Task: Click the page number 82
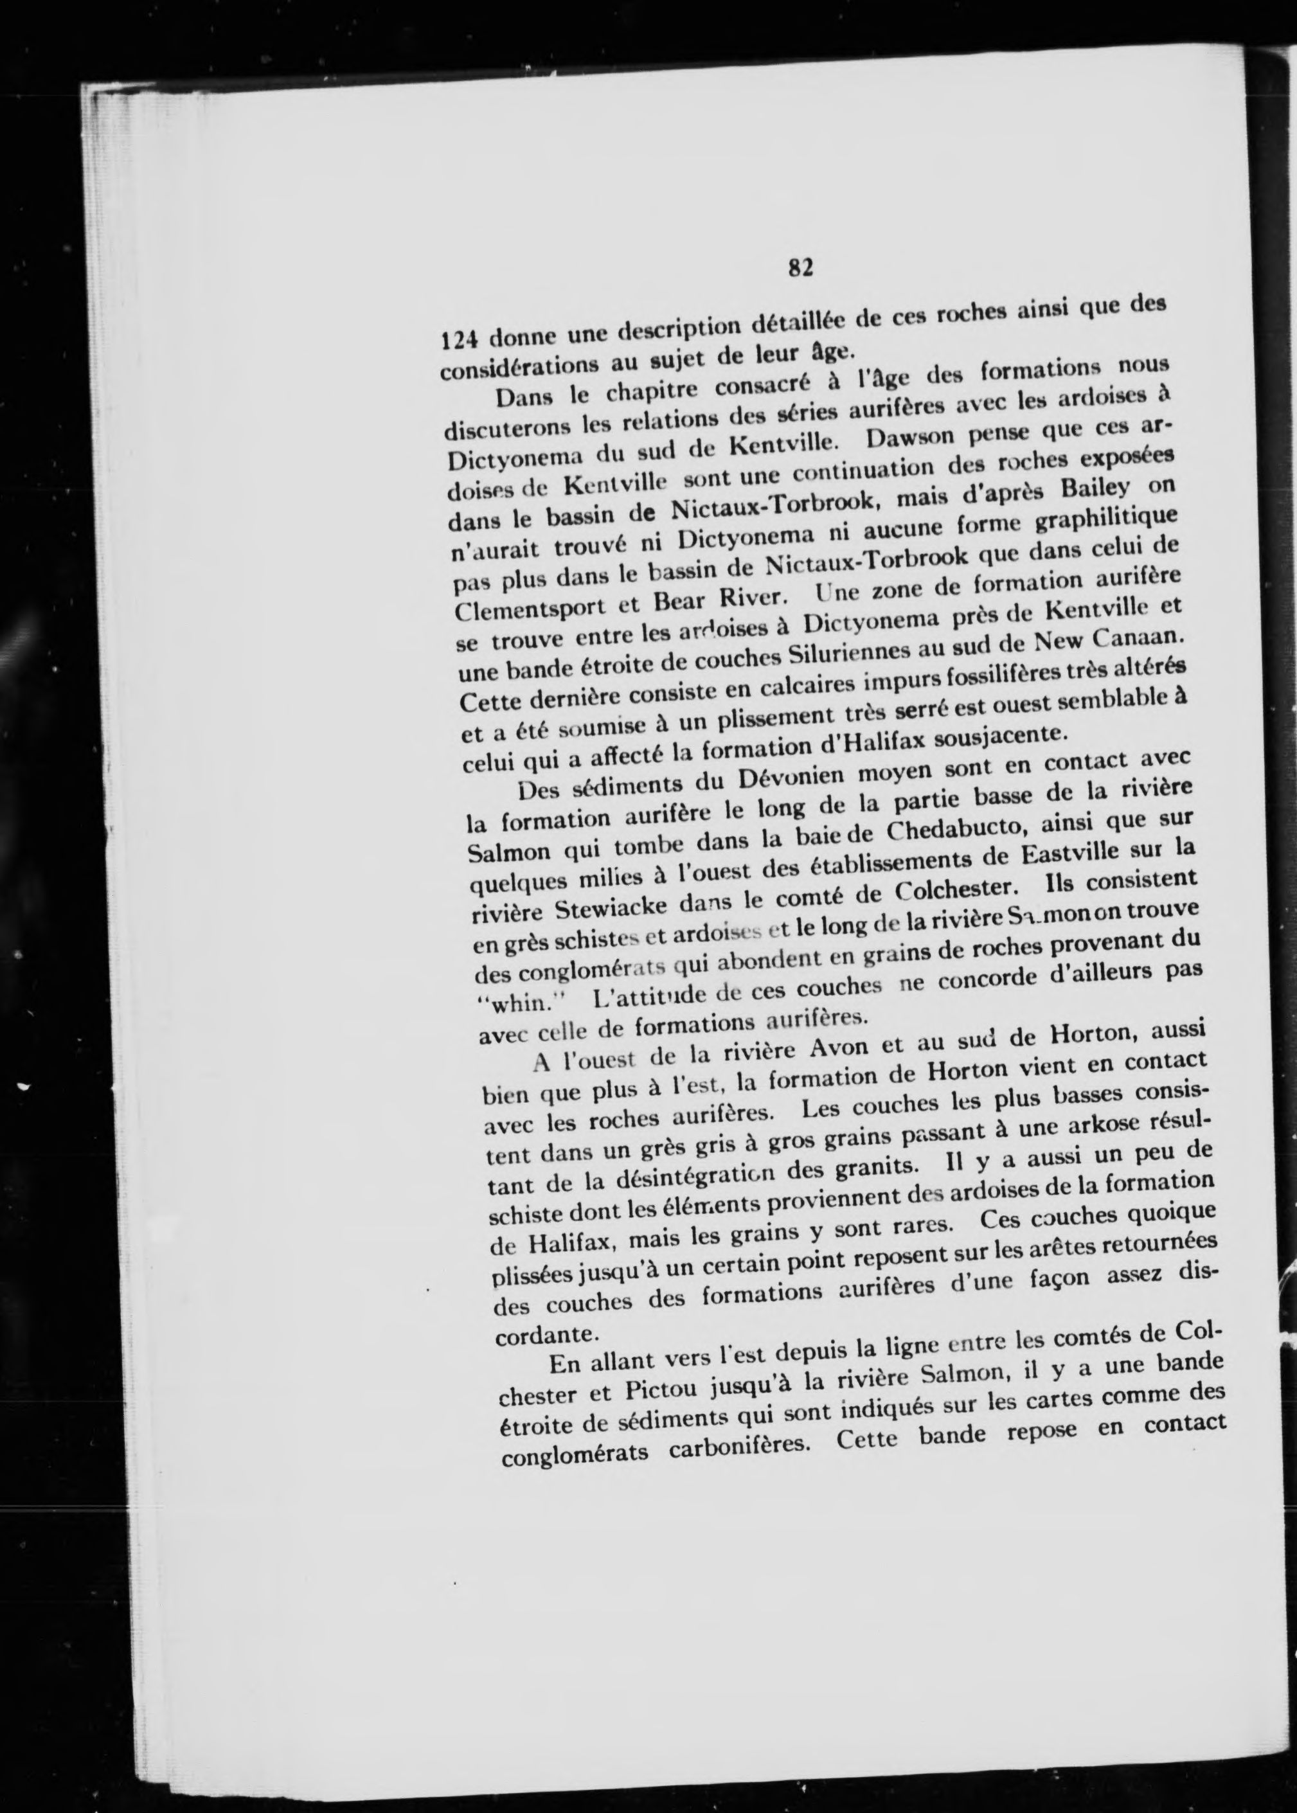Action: pos(800,267)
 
